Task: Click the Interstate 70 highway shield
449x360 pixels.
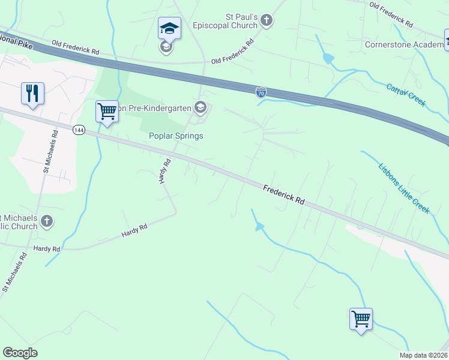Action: (261, 92)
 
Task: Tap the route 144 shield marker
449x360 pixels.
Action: (77, 130)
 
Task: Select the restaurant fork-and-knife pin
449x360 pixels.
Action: (31, 94)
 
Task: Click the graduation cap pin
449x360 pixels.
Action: (169, 29)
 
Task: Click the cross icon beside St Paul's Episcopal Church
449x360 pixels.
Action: (267, 22)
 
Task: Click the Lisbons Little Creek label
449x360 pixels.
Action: (404, 188)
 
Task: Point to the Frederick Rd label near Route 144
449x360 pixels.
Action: (284, 196)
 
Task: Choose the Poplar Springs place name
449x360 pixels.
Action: (176, 136)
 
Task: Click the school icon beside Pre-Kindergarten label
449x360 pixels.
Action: (200, 108)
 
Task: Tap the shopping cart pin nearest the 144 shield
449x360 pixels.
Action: (107, 112)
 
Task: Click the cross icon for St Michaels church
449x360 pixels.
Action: (47, 222)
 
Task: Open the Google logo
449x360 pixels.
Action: (20, 353)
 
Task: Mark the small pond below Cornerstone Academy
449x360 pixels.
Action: (327, 59)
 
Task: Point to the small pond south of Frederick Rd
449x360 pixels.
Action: (259, 227)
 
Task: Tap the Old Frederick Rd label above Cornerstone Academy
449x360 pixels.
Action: (391, 15)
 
